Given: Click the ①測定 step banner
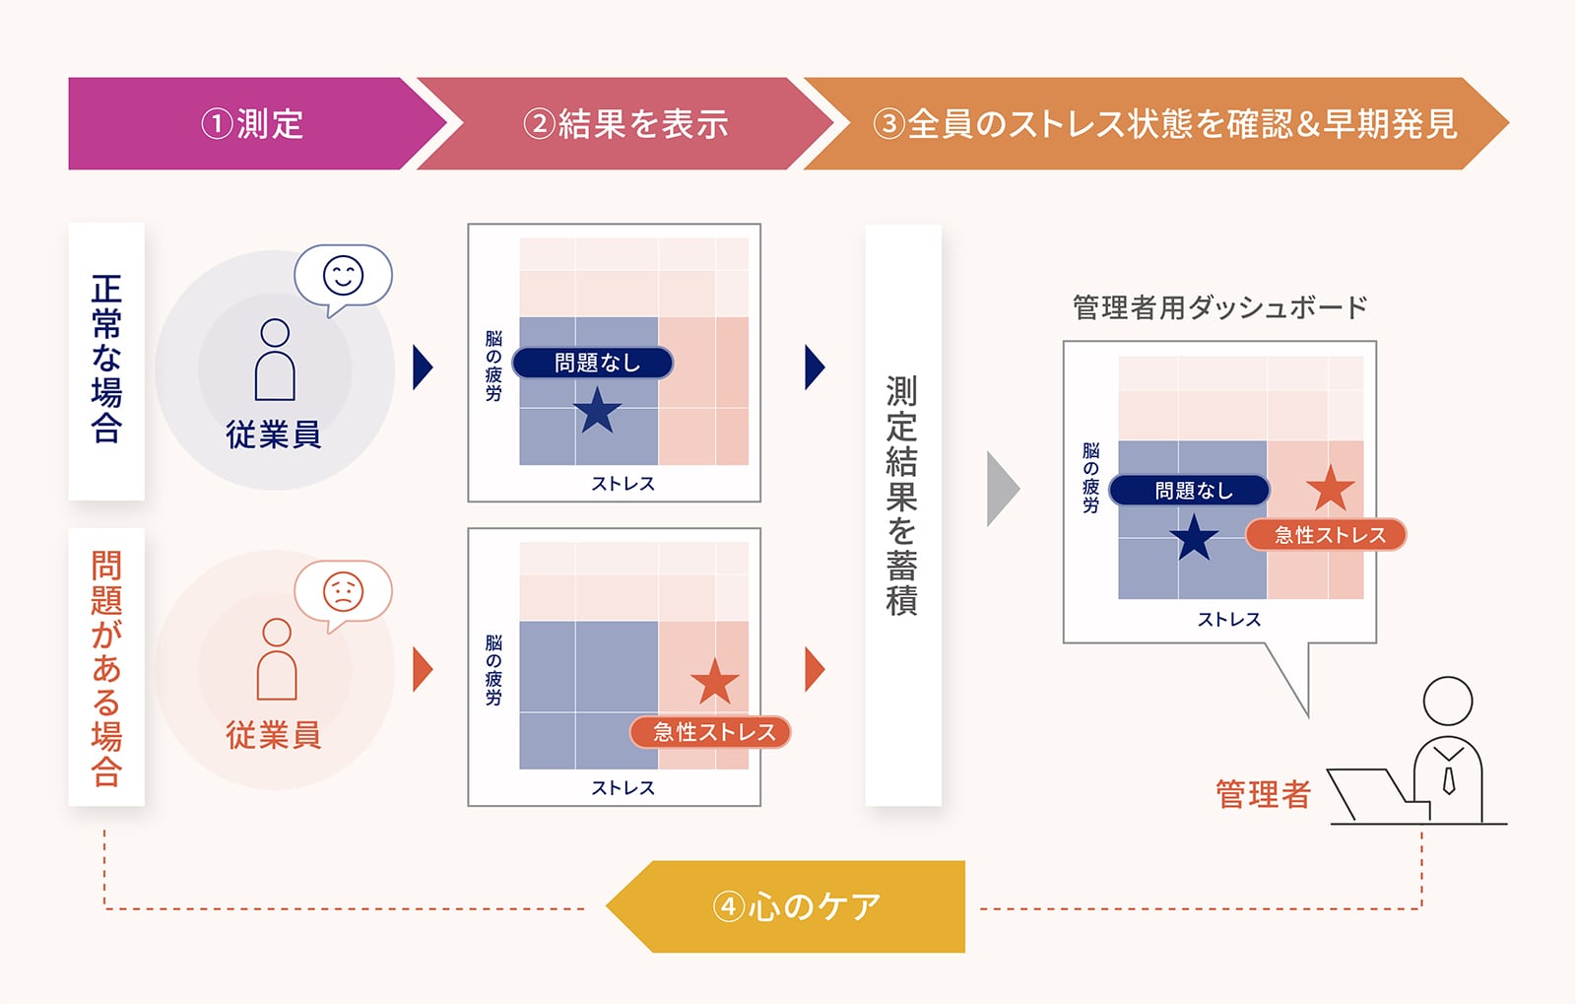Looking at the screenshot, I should click(251, 124).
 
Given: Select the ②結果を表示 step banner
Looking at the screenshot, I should click(625, 124).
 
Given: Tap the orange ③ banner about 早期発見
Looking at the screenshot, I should click(1162, 124).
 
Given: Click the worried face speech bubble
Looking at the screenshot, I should click(343, 592).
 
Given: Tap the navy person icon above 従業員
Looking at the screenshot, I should click(275, 360).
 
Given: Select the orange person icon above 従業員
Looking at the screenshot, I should click(277, 659).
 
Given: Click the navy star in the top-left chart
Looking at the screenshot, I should click(597, 411).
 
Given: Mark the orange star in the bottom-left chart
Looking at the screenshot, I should click(715, 681).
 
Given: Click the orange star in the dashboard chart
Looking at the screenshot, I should click(1331, 488).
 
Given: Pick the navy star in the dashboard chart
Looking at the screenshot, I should click(1194, 538).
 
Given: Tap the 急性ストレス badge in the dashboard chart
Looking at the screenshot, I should click(1327, 535).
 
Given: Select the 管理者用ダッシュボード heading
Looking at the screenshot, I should click(1219, 307).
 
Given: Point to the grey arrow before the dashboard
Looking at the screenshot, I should click(1002, 489).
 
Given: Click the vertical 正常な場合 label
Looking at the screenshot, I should click(106, 360).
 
